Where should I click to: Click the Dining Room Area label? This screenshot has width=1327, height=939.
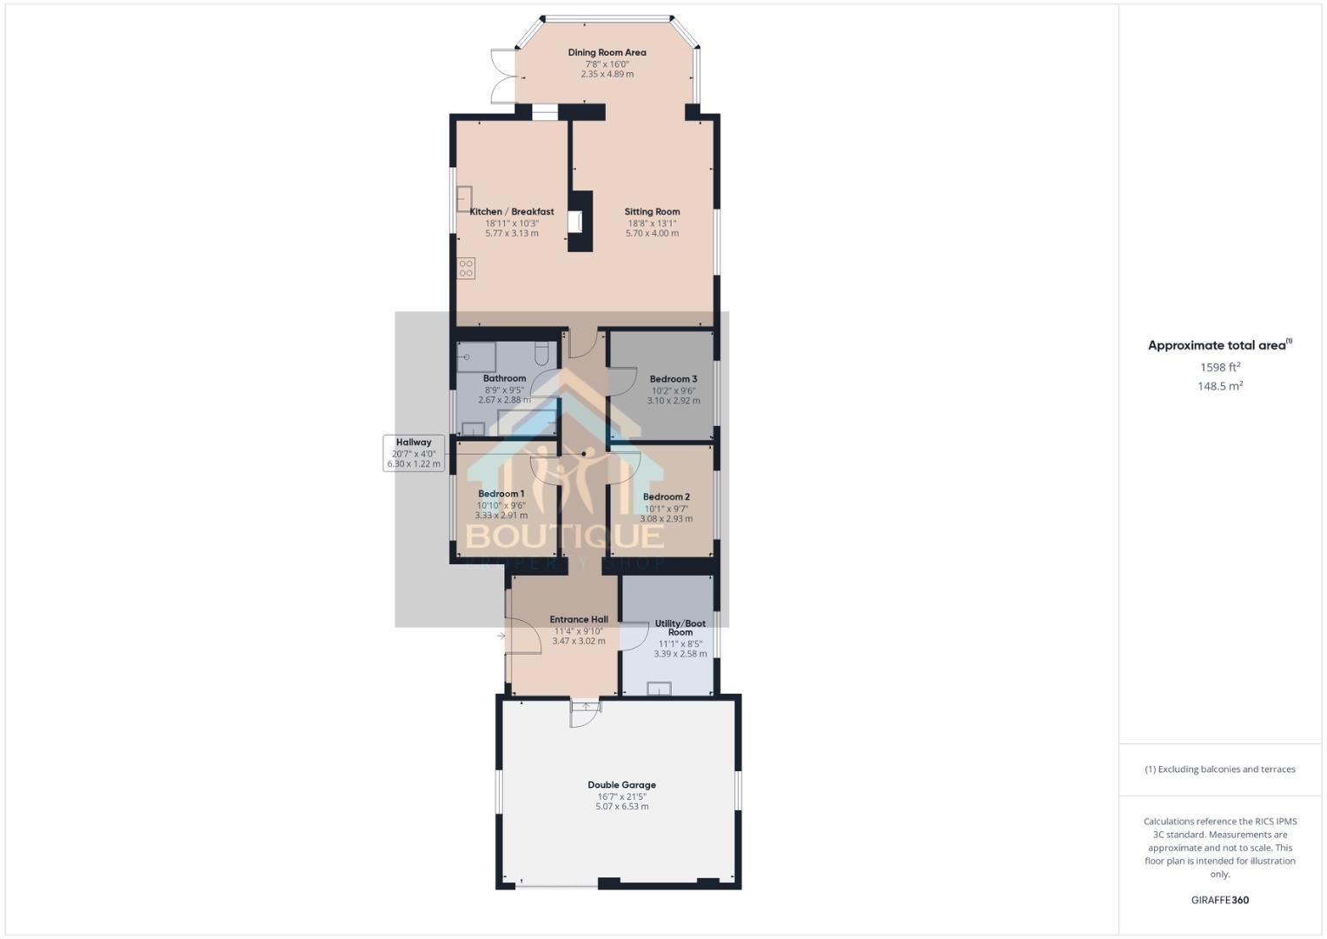click(607, 52)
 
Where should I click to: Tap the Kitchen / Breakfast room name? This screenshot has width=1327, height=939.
click(512, 211)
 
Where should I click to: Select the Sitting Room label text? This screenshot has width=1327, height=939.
click(652, 211)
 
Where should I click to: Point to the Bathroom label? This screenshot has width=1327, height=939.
click(504, 378)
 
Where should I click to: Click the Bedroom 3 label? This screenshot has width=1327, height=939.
click(673, 379)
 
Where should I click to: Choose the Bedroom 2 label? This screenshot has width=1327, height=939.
click(666, 497)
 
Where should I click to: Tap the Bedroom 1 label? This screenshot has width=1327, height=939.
click(501, 494)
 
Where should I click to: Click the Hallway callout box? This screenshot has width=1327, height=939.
click(414, 453)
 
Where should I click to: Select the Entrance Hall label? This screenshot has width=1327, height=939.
click(579, 620)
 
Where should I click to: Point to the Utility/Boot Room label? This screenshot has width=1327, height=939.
click(680, 628)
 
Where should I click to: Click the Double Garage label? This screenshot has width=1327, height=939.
click(621, 785)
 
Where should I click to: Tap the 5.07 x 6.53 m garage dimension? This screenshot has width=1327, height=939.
click(621, 807)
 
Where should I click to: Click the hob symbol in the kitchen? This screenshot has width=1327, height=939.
click(467, 269)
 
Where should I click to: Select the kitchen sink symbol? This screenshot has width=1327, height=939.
click(464, 199)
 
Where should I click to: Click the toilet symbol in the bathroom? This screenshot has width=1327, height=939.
click(542, 353)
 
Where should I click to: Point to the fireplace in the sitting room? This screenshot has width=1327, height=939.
click(575, 222)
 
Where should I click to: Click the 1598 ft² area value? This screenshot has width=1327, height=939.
click(1219, 368)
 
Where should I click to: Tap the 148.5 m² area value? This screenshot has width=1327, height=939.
click(1219, 386)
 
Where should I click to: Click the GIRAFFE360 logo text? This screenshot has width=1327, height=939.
click(1219, 900)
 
